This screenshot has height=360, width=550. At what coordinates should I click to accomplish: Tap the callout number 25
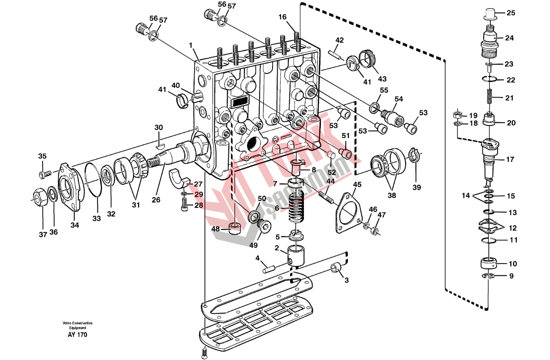click(x=511, y=13)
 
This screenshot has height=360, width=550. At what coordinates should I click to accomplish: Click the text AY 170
click(x=78, y=334)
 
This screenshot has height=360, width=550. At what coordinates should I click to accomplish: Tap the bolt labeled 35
click(x=45, y=174)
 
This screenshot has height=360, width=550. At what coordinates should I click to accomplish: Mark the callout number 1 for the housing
click(x=191, y=45)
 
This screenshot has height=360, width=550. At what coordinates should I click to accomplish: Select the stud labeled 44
click(x=326, y=197)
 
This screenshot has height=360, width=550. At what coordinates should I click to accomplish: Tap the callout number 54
click(x=398, y=99)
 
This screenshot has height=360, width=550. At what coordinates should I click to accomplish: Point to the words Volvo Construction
click(x=78, y=323)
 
